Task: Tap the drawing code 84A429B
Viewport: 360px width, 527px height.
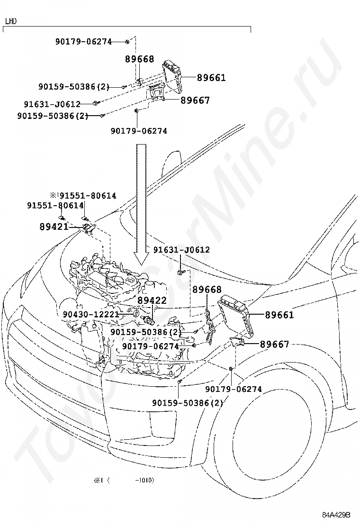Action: pos(336,515)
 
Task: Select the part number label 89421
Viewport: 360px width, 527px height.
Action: pos(54,227)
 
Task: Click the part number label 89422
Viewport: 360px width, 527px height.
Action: pos(152,300)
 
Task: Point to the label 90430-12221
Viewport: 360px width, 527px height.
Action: pos(90,314)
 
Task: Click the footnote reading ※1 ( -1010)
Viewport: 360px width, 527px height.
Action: pos(124,480)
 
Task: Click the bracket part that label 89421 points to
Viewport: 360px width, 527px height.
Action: pos(88,228)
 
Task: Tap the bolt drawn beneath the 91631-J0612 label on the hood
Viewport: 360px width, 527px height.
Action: pos(181,272)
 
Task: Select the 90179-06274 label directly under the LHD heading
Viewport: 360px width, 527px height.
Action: pos(83,42)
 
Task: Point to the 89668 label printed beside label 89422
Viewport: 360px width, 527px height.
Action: pos(207,290)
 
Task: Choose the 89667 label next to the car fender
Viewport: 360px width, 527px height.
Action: pos(274,345)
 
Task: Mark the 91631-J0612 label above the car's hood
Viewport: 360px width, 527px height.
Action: pos(181,250)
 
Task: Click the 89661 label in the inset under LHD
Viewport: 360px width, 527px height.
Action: pos(211,77)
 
